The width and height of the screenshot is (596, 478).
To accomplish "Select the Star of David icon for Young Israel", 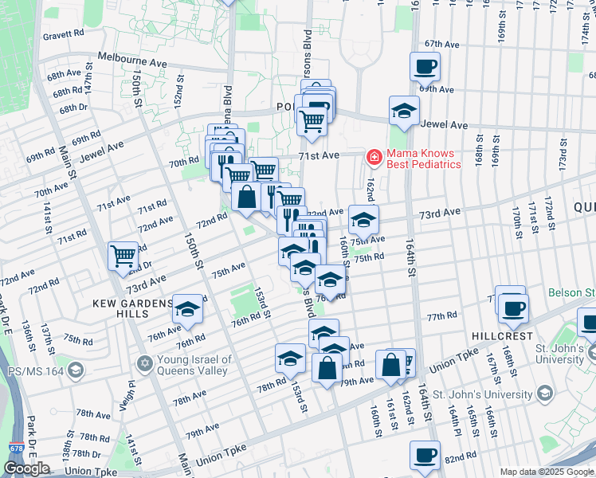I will coord(144,364).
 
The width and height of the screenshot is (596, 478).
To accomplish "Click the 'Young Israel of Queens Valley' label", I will coord(194,364).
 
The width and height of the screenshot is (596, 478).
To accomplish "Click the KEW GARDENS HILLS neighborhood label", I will coord(132,304).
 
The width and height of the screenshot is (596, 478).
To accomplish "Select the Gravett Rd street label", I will coord(64,34).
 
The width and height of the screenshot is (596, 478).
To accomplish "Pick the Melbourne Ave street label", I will coord(132,61).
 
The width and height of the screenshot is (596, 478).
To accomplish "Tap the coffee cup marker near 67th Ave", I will coord(425,66).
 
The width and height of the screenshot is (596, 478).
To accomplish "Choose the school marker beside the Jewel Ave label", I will coord(404,111).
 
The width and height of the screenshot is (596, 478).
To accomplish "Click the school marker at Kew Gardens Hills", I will coord(188,310).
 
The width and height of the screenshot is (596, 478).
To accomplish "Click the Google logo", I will coord(26,468).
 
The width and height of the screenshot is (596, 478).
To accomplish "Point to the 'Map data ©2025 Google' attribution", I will coord(546,472).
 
